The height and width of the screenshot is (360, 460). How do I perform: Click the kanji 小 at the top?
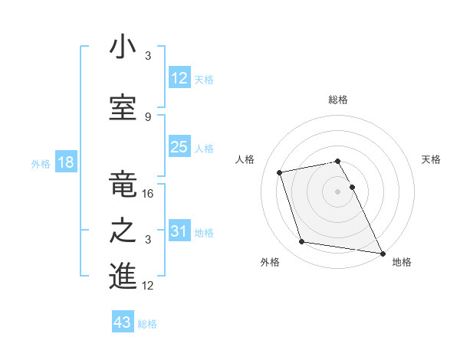[123, 47]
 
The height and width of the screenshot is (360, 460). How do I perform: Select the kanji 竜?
[123, 184]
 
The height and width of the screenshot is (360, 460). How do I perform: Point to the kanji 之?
[123, 231]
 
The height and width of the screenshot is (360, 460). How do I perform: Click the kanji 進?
[123, 277]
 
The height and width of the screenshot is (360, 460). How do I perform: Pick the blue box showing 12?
[179, 78]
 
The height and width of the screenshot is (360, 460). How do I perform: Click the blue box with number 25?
[179, 147]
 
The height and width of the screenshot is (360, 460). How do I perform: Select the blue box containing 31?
[179, 231]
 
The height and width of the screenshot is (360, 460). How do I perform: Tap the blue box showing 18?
[64, 162]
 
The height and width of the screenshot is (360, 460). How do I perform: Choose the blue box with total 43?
[123, 322]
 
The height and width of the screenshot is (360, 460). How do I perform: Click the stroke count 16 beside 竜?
[149, 194]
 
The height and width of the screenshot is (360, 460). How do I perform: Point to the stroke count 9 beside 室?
[148, 116]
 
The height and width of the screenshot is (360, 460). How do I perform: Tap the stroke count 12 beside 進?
[149, 286]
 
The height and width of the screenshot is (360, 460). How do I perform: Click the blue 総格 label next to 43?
[147, 324]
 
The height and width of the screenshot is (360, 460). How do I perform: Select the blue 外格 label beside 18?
[41, 164]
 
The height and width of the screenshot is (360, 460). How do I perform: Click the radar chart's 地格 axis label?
[402, 262]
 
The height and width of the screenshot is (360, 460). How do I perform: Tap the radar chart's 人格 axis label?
[245, 159]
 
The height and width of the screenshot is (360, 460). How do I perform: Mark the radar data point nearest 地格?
[382, 254]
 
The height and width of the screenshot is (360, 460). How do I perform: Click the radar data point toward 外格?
[302, 242]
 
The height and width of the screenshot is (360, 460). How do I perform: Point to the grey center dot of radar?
[337, 191]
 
